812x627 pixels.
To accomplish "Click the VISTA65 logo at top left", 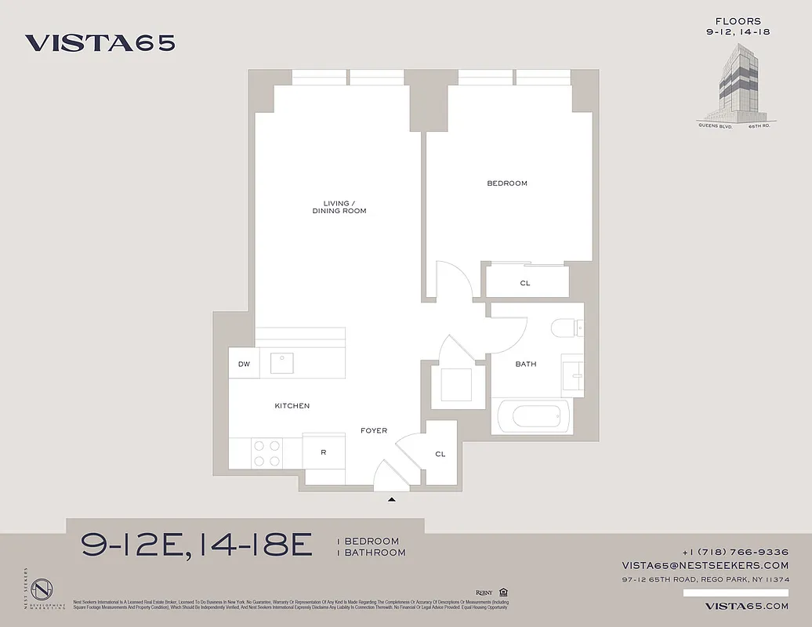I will (x=100, y=43).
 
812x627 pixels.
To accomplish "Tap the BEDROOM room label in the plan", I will (x=507, y=183).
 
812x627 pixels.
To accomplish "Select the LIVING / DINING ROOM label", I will (x=339, y=207).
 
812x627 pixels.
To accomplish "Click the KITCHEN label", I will (x=292, y=406).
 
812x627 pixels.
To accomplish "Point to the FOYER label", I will (x=374, y=431).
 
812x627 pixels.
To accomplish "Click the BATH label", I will (x=526, y=364).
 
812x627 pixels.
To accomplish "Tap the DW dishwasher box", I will (x=244, y=364).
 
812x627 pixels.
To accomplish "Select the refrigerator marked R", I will (x=324, y=452).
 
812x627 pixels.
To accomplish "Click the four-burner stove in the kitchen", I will (x=266, y=452).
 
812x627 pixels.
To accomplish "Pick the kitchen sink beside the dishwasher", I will (x=282, y=363).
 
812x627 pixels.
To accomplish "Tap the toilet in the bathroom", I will (x=565, y=328).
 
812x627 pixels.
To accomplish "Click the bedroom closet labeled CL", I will (x=525, y=283).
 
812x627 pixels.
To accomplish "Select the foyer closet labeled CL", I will (x=440, y=454).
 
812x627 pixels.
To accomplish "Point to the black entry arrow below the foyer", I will (x=392, y=498).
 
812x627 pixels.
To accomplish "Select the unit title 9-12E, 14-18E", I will (x=197, y=545).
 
